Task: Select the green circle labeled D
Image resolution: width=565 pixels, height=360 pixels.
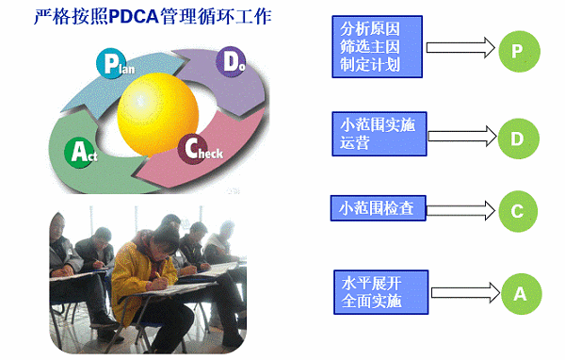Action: [x=516, y=139]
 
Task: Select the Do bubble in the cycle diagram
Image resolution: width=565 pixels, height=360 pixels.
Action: [x=232, y=62]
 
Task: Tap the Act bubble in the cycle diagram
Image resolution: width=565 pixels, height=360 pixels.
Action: [x=77, y=149]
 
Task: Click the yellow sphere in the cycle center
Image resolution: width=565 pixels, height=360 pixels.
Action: [x=154, y=101]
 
